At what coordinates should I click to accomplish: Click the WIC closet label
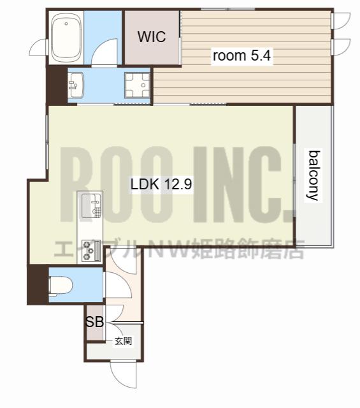(x=152, y=37)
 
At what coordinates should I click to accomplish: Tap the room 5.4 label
(x=241, y=55)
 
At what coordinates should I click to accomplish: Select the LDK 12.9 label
(x=161, y=184)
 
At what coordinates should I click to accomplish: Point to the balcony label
(x=313, y=175)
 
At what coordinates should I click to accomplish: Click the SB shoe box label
(x=95, y=322)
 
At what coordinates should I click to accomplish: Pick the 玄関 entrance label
(x=124, y=341)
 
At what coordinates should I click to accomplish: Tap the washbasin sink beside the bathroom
(x=76, y=85)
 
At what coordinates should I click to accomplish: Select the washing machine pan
(x=138, y=85)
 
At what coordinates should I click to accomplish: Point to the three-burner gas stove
(x=91, y=251)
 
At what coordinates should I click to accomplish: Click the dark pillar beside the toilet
(x=38, y=284)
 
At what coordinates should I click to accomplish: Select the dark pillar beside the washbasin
(x=57, y=85)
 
